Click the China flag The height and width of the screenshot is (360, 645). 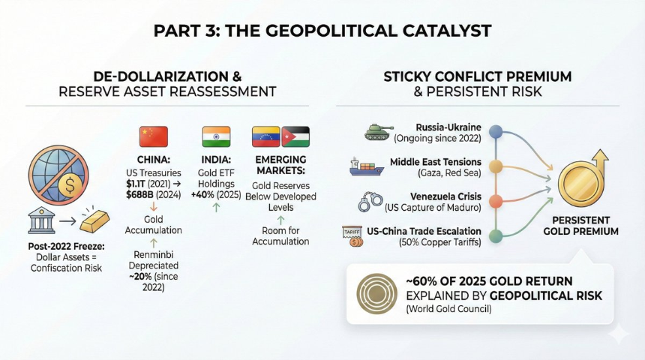pyautogui.click(x=154, y=136)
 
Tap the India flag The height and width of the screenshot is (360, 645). pyautogui.click(x=216, y=136)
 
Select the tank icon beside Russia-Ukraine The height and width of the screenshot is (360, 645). pyautogui.click(x=379, y=133)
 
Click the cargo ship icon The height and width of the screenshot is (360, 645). pyautogui.click(x=367, y=166)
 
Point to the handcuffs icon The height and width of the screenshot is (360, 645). pyautogui.click(x=370, y=202)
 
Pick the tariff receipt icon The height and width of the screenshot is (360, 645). pyautogui.click(x=352, y=235)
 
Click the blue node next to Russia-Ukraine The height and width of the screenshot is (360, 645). pyautogui.click(x=496, y=132)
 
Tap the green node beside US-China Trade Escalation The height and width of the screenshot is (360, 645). pyautogui.click(x=496, y=236)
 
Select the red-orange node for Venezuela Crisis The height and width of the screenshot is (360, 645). pyautogui.click(x=496, y=202)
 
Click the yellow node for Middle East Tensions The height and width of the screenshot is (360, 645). pyautogui.click(x=496, y=166)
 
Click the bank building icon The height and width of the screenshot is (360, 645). pyautogui.click(x=41, y=220)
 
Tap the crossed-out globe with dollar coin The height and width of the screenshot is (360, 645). pyautogui.click(x=58, y=175)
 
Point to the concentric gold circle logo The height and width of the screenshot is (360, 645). pyautogui.click(x=376, y=294)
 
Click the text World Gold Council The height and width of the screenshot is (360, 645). pyautogui.click(x=448, y=309)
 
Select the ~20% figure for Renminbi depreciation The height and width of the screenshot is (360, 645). pyautogui.click(x=140, y=277)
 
